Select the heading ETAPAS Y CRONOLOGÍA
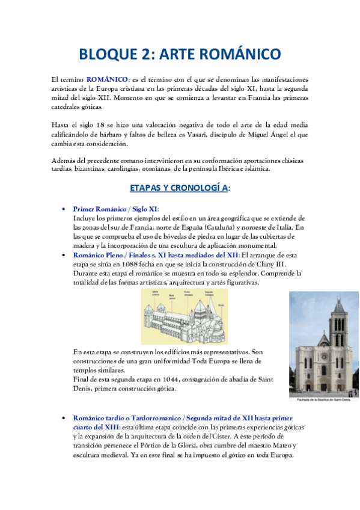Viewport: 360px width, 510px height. pos(180,188)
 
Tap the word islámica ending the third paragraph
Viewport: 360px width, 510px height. pos(258,169)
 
